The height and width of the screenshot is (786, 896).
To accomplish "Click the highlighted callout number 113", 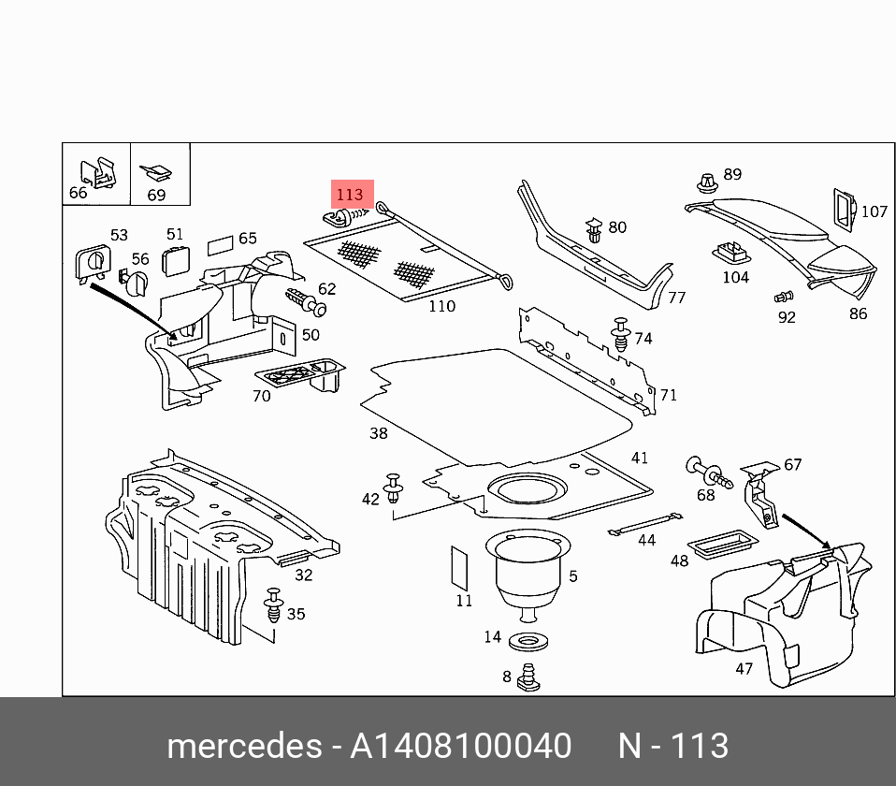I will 349,195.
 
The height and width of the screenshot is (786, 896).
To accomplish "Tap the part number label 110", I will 441,306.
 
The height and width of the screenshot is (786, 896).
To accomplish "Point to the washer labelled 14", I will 528,642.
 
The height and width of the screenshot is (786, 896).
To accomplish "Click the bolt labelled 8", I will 528,677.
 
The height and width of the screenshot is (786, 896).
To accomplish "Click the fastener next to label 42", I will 394,488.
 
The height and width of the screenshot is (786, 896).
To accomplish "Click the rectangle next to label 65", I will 219,245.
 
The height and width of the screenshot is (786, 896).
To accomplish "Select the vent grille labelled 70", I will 299,377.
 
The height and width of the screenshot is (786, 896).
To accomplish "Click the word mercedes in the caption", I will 242,746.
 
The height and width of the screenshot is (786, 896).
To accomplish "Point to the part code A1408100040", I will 460,746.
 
